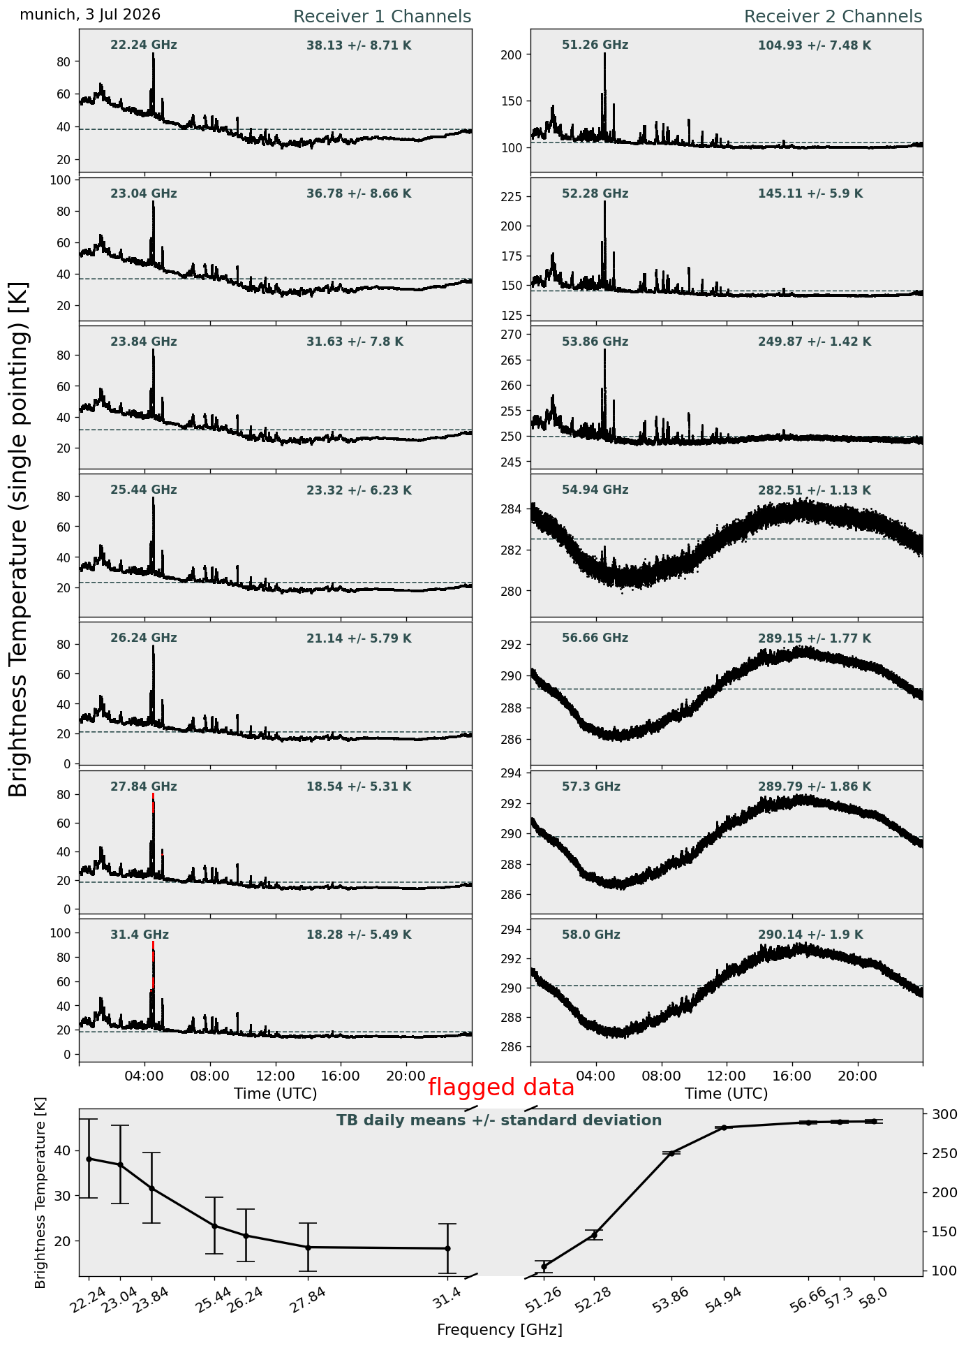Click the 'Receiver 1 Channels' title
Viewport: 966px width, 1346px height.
(x=382, y=17)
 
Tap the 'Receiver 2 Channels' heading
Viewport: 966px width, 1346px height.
(x=833, y=17)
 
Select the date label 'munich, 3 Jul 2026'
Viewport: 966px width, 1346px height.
(x=90, y=15)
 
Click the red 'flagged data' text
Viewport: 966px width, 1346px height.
(x=501, y=1088)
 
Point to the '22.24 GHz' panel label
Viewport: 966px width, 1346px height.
(x=144, y=45)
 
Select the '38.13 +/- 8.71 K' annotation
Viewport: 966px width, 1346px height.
(x=359, y=46)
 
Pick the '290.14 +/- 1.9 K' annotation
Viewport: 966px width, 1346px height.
(x=810, y=935)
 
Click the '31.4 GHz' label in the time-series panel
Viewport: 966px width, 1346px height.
(x=140, y=935)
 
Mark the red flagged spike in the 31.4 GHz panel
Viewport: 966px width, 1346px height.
(x=153, y=964)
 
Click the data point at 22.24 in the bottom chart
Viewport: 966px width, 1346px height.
(x=89, y=1159)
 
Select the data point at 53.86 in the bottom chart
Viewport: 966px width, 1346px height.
(x=671, y=1153)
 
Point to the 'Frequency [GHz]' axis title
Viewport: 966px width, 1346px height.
(x=499, y=1329)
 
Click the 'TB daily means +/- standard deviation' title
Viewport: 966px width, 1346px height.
(x=499, y=1120)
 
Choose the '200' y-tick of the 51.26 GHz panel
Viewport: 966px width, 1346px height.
(x=513, y=54)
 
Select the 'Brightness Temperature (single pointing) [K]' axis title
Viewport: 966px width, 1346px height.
(x=19, y=539)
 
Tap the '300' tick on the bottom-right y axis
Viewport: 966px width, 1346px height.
(x=940, y=1114)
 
